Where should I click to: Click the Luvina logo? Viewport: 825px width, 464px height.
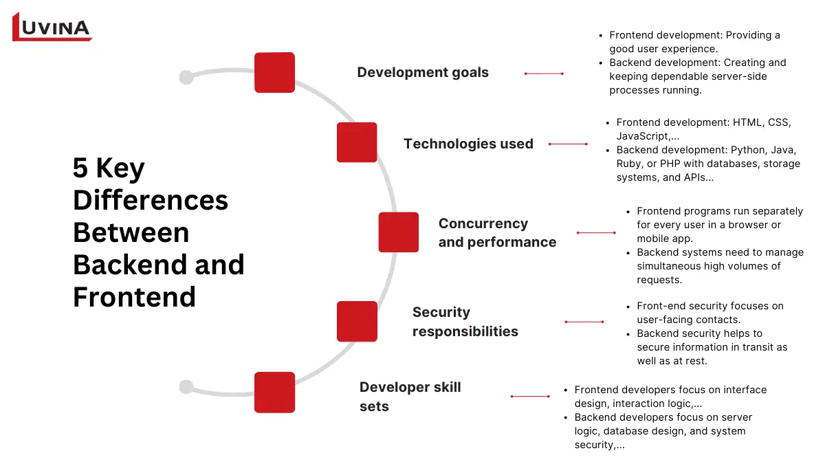52,27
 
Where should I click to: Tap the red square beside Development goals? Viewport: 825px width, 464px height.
274,72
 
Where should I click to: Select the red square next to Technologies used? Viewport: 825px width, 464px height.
357,142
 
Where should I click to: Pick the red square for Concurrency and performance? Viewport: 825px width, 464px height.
398,232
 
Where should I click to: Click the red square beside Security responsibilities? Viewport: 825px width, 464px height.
357,321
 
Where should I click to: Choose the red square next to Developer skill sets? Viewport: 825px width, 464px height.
274,392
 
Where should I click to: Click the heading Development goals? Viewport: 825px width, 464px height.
423,72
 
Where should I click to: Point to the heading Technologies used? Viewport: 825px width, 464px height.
468,144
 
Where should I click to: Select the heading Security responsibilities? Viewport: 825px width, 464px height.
465,322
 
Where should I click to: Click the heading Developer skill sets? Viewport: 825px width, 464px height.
410,397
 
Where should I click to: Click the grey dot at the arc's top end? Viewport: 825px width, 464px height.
186,77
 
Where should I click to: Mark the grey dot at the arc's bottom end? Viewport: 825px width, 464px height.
186,387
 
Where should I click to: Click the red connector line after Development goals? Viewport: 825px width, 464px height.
544,74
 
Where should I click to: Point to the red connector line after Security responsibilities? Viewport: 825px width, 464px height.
584,322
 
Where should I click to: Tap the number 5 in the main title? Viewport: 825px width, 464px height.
81,169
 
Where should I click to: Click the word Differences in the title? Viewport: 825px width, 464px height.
150,201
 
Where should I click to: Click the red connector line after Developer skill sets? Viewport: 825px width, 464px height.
530,396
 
